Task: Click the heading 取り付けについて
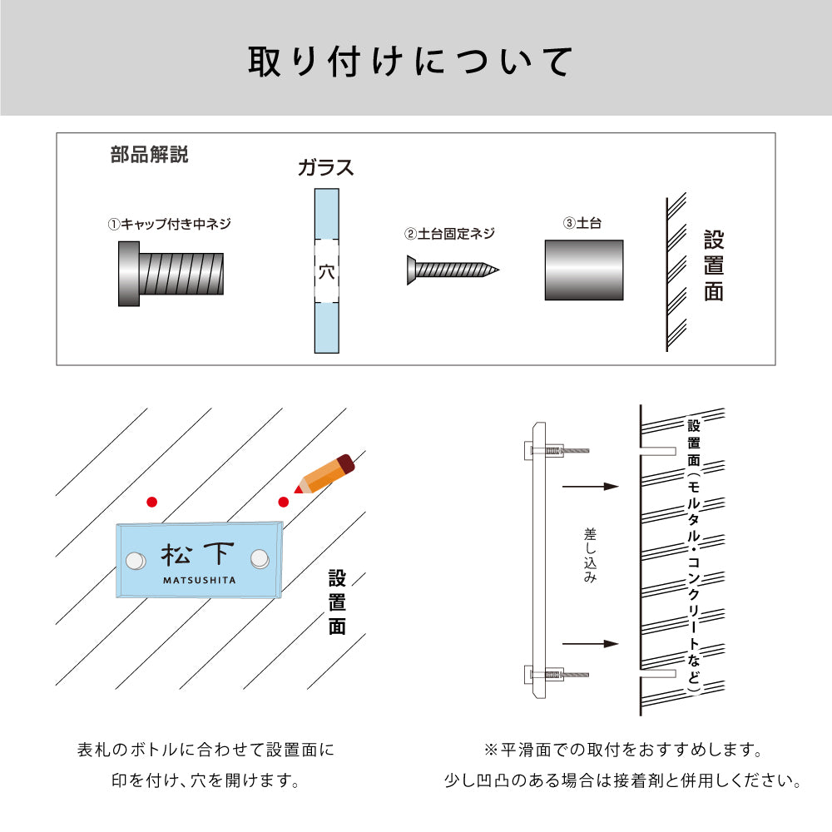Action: pos(411,62)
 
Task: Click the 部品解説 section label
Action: pos(149,155)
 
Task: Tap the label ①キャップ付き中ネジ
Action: pos(169,224)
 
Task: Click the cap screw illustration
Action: pos(170,274)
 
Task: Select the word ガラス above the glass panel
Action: pos(326,168)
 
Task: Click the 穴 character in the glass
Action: pos(327,272)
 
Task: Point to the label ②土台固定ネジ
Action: pos(449,234)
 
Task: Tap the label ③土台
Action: pos(582,224)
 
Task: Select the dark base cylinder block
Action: pos(583,270)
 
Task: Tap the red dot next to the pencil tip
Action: pos(284,502)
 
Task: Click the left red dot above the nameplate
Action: pos(151,502)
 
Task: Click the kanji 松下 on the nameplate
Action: pos(198,555)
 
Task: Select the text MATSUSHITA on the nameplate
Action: pos(199,581)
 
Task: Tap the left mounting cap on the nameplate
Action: pos(135,560)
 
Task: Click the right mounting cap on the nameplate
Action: pos(260,560)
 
